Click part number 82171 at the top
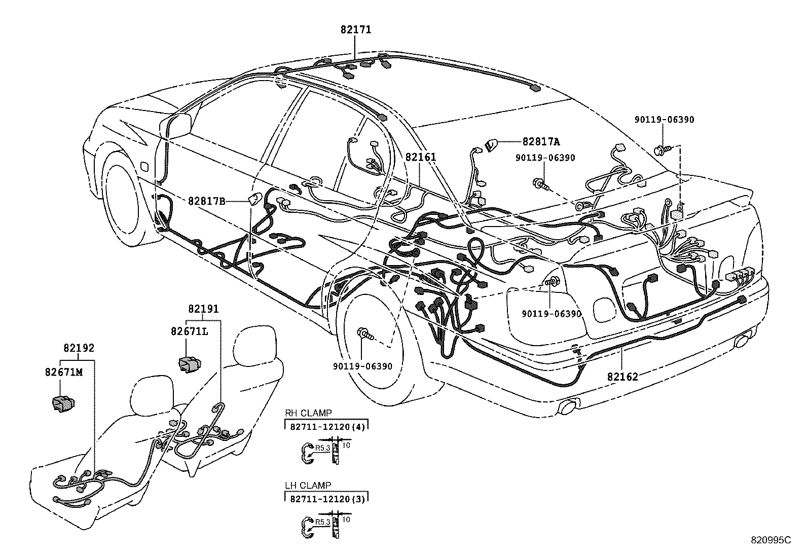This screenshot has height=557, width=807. tap(355, 29)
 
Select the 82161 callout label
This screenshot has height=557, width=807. tap(420, 157)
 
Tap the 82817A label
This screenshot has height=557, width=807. tap(541, 142)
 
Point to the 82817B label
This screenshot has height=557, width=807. tap(207, 201)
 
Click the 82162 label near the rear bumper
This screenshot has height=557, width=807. tap(622, 377)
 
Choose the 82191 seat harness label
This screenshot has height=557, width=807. tap(203, 309)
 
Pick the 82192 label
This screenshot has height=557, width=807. tap(79, 348)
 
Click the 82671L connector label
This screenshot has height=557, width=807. tap(190, 331)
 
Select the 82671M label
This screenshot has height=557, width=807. tap(64, 372)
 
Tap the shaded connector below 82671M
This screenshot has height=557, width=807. tap(63, 403)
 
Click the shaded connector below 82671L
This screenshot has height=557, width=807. tap(190, 364)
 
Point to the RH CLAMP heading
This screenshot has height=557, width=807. tap(308, 413)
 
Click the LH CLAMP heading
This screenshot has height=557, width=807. tap(308, 486)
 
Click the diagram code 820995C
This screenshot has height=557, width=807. tap(771, 550)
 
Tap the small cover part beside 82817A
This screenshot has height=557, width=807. tap(491, 145)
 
